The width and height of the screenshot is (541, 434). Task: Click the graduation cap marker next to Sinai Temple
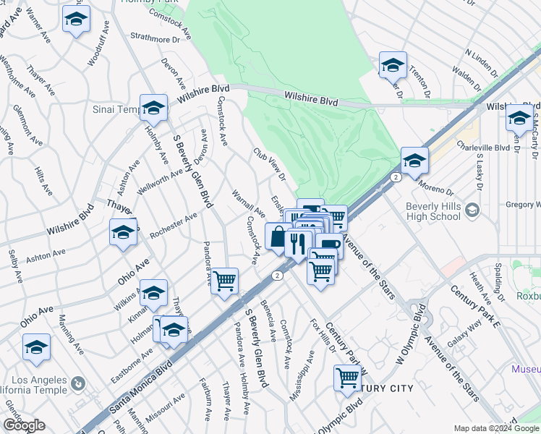point(153,109)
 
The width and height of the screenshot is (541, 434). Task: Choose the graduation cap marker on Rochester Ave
point(123,234)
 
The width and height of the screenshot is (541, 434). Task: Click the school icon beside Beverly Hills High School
point(472,210)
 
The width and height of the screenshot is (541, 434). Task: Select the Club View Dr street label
point(269,164)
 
